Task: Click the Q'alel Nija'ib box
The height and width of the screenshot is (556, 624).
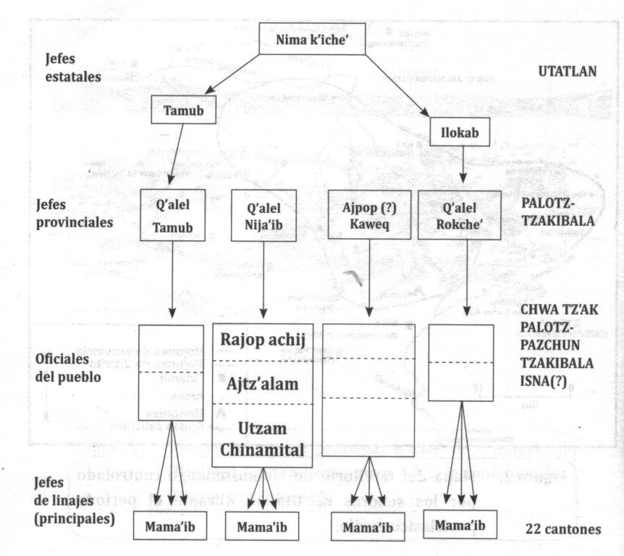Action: [263, 215]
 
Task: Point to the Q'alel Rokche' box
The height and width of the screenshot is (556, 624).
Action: [460, 215]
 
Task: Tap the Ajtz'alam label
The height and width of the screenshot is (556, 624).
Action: [263, 383]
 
